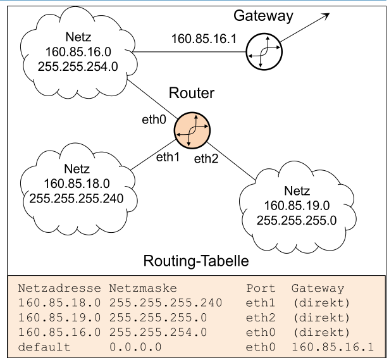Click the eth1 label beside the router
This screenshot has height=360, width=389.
[167, 156]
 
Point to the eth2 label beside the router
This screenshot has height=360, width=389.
[206, 159]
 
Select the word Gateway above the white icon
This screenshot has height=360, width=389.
[263, 15]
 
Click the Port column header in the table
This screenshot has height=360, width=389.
[259, 287]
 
